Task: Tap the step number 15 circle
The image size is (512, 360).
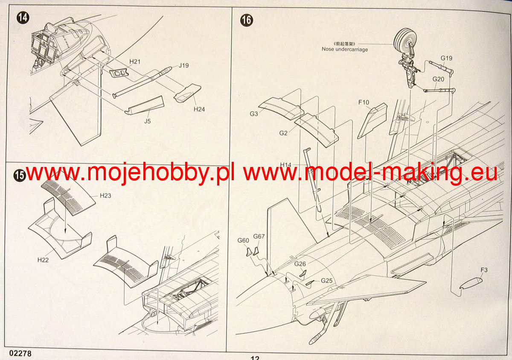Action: click(x=19, y=176)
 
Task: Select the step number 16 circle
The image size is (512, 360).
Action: click(x=246, y=20)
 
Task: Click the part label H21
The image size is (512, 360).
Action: click(x=135, y=62)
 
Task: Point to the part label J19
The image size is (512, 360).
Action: click(x=184, y=65)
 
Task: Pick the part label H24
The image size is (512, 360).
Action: click(x=199, y=109)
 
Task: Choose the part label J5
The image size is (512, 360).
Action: click(x=147, y=121)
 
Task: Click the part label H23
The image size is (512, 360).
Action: click(x=105, y=196)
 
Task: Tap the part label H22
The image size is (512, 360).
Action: click(x=43, y=259)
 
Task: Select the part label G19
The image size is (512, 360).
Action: click(x=446, y=58)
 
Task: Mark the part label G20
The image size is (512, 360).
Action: click(x=438, y=79)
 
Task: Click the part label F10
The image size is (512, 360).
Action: click(x=364, y=102)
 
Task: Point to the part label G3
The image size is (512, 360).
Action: click(x=254, y=114)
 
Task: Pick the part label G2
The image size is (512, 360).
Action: click(x=283, y=133)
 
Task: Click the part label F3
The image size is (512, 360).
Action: click(x=484, y=270)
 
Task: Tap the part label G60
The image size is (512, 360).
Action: click(x=243, y=240)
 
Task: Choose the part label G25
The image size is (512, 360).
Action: click(x=327, y=281)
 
